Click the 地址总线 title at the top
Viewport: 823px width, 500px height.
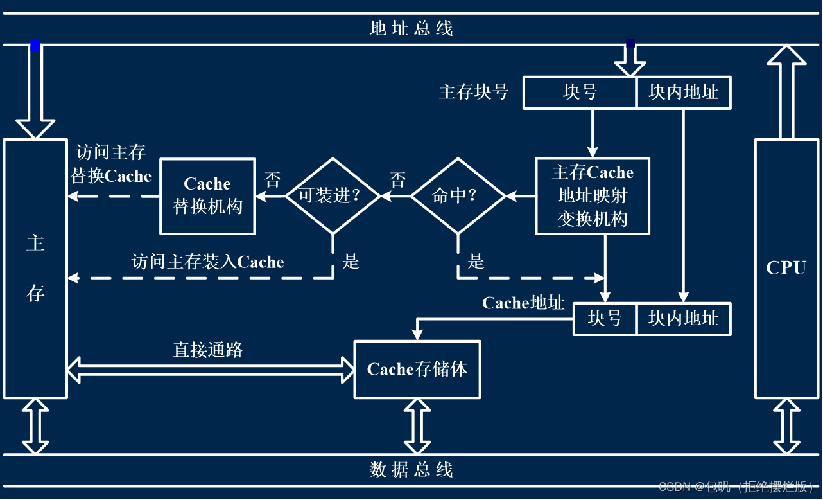pyautogui.click(x=411, y=28)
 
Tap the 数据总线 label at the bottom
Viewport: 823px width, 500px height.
pyautogui.click(x=411, y=470)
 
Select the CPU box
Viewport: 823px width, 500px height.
pyautogui.click(x=786, y=268)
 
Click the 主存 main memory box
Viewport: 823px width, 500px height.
pyautogui.click(x=35, y=268)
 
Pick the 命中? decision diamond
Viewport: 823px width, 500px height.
pyautogui.click(x=458, y=195)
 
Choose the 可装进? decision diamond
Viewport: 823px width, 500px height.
pyautogui.click(x=333, y=195)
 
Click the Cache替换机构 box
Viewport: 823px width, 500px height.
pyautogui.click(x=207, y=196)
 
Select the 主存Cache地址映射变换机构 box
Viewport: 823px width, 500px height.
pyautogui.click(x=593, y=196)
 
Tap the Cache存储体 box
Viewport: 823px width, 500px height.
pyautogui.click(x=417, y=370)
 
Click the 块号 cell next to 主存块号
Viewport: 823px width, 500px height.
pyautogui.click(x=580, y=93)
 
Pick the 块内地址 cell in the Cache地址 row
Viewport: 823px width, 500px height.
pyautogui.click(x=683, y=319)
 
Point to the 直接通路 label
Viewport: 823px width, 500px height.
pyautogui.click(x=208, y=350)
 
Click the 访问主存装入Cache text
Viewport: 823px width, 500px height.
pyautogui.click(x=207, y=262)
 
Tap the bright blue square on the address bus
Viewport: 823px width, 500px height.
pyautogui.click(x=36, y=45)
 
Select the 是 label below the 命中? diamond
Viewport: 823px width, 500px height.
pyautogui.click(x=476, y=262)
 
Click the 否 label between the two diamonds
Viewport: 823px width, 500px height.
pyautogui.click(x=398, y=180)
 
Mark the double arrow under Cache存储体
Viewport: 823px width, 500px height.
pyautogui.click(x=417, y=426)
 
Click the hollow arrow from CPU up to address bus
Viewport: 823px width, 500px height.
pyautogui.click(x=786, y=91)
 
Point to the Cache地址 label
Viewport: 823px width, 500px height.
pyautogui.click(x=523, y=303)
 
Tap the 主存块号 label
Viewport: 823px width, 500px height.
pyautogui.click(x=474, y=93)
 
